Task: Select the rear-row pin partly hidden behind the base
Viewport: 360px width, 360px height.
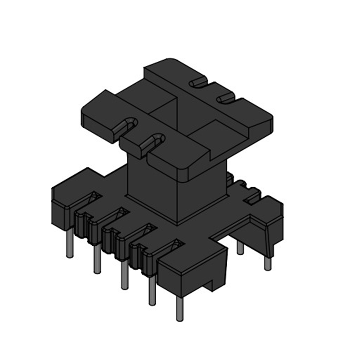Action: pos(240,248)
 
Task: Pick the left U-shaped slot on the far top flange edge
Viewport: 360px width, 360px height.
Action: pos(198,83)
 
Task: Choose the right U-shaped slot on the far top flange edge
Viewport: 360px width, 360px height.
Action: pos(225,98)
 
